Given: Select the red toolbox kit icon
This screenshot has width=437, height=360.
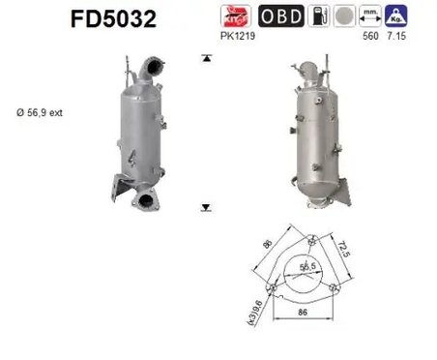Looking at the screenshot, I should (x=235, y=16).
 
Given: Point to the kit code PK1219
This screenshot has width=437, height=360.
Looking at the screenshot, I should (x=236, y=37).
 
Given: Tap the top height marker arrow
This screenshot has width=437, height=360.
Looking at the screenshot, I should (x=205, y=59).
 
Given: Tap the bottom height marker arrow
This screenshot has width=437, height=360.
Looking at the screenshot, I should (x=205, y=207).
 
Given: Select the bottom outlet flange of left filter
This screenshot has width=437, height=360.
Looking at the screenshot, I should (x=146, y=201).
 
